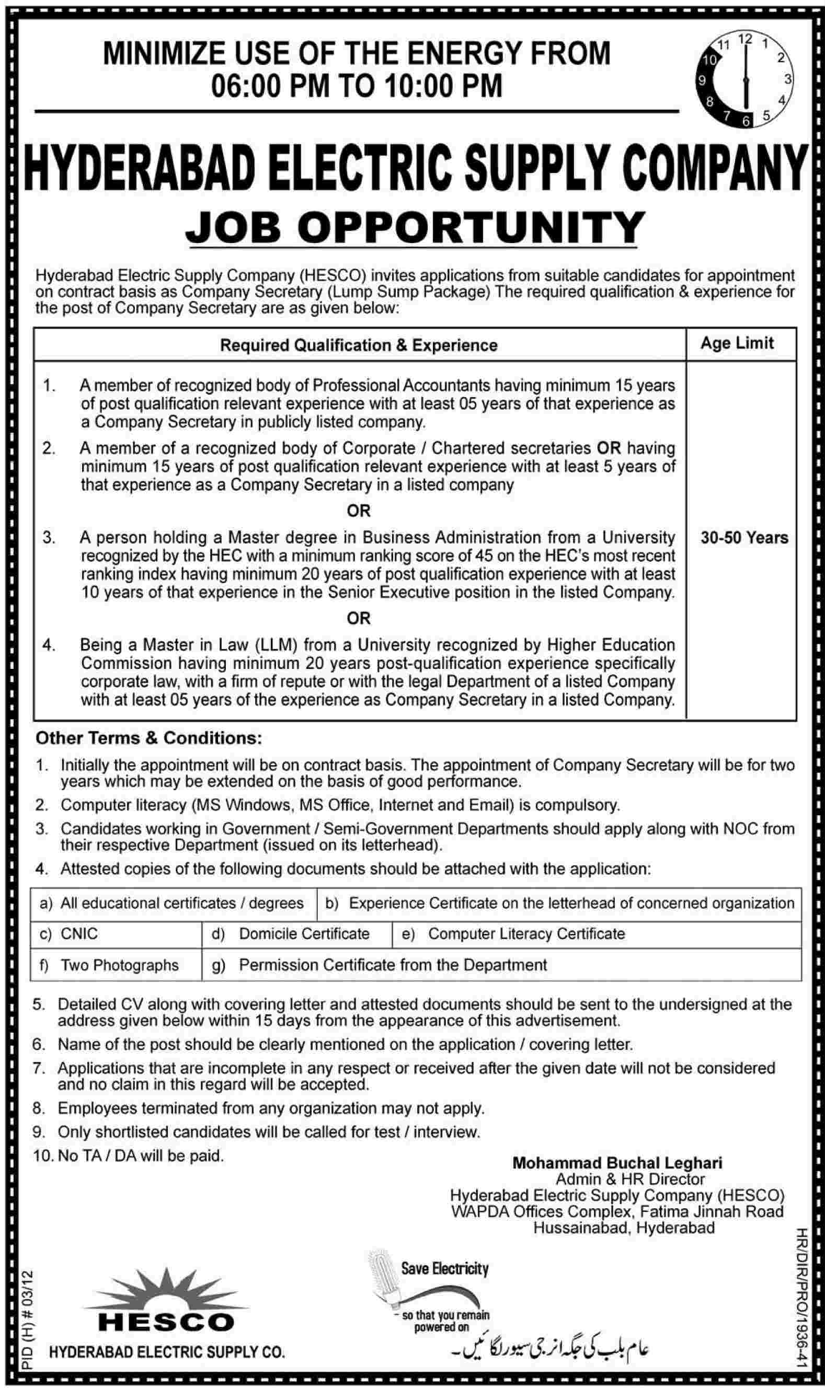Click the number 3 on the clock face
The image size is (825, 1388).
(787, 79)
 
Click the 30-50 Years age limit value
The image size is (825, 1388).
(744, 537)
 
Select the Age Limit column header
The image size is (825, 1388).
(737, 343)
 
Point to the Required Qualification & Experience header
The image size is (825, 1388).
(359, 345)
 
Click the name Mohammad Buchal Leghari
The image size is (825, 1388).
(617, 1163)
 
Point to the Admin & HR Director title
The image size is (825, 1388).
(630, 1179)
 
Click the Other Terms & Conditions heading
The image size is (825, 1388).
(148, 738)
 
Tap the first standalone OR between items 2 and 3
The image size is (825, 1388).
(358, 511)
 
